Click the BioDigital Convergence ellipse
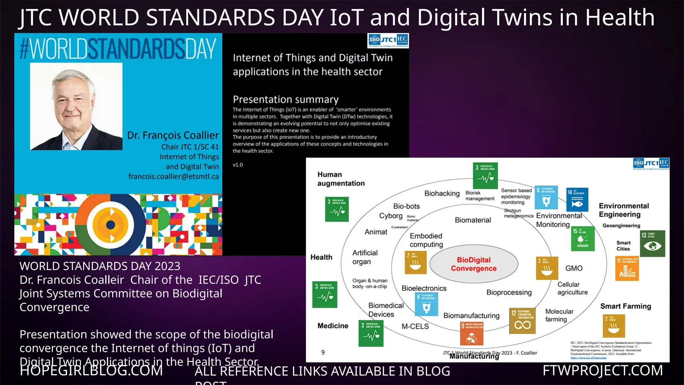[x=474, y=264]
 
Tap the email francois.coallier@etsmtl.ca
[x=174, y=176]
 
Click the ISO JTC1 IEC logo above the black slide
[x=388, y=40]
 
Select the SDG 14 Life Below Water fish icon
[x=577, y=200]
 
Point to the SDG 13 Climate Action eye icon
[x=652, y=243]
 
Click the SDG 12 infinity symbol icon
[x=522, y=321]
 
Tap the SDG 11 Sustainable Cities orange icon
[x=627, y=268]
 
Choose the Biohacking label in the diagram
[x=442, y=194]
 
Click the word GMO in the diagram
[x=574, y=268]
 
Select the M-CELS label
[x=415, y=326]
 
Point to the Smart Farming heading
[x=626, y=306]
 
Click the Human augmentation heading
[x=341, y=179]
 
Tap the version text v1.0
[x=238, y=165]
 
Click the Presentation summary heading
[x=286, y=99]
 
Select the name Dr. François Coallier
[x=173, y=135]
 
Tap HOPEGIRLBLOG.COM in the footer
[x=91, y=370]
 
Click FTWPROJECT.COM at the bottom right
[x=603, y=370]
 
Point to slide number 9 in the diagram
[x=323, y=352]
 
